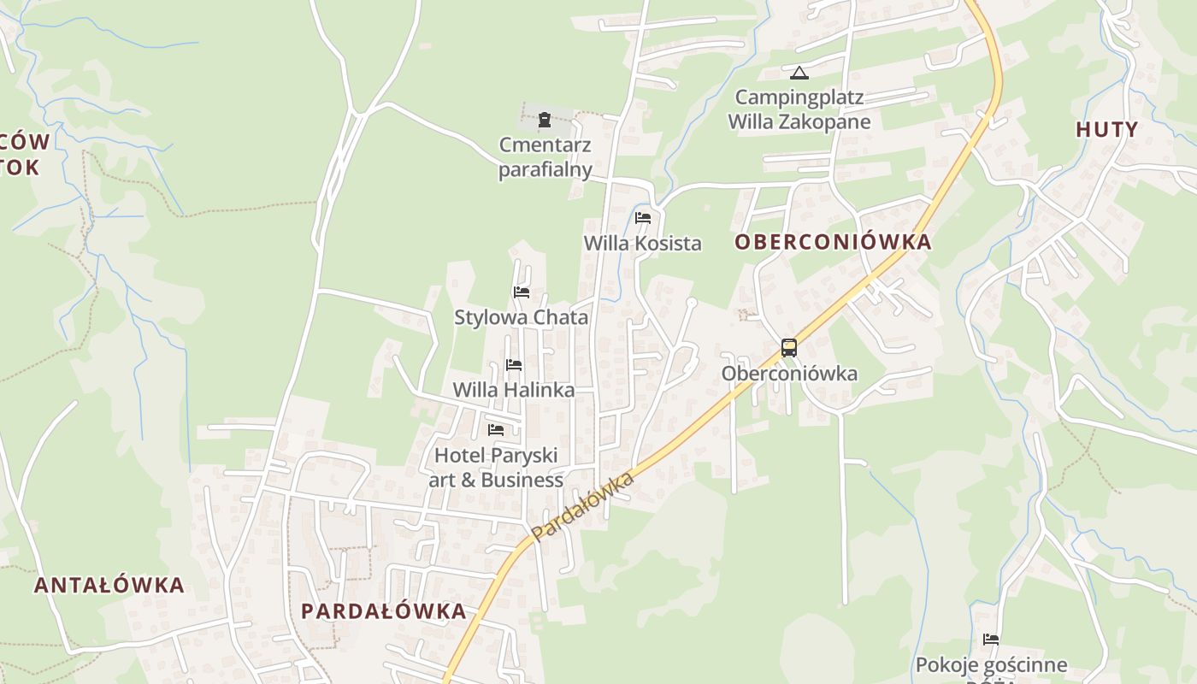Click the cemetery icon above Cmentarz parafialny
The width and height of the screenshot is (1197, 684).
(x=545, y=119)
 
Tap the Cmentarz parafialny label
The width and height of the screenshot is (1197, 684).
(x=545, y=157)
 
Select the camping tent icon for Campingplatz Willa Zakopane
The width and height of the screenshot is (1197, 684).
(x=799, y=73)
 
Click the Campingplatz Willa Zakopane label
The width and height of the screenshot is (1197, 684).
(x=799, y=109)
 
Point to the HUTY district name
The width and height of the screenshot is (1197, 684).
(x=1107, y=130)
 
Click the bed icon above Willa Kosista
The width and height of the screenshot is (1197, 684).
(x=643, y=218)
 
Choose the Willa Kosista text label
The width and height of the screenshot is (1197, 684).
(x=642, y=244)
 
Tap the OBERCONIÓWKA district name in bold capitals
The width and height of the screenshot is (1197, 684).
(x=833, y=242)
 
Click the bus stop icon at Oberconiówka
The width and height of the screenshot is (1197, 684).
(x=789, y=348)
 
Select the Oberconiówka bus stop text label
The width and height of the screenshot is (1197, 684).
(x=789, y=374)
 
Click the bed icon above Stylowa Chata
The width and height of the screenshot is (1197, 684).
(x=522, y=292)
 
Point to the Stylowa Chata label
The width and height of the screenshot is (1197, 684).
(x=521, y=318)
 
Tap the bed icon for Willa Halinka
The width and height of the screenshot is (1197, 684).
(x=514, y=365)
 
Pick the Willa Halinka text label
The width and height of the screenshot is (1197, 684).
(x=513, y=390)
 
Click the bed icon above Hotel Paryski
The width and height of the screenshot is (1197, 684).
(x=496, y=429)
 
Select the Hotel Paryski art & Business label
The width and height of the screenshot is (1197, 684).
(x=496, y=468)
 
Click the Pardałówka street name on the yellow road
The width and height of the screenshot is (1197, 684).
(x=582, y=505)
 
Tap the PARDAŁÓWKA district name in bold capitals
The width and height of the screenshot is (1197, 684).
(x=384, y=611)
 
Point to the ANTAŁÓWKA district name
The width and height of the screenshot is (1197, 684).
(x=109, y=586)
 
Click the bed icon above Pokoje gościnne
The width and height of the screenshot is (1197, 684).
(x=991, y=639)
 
